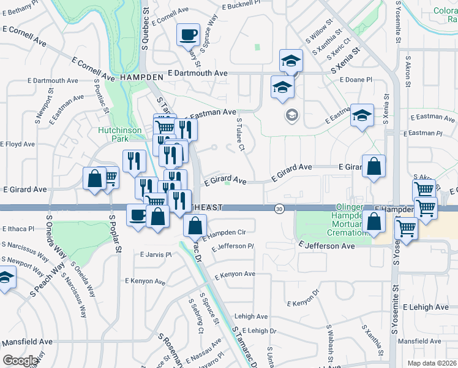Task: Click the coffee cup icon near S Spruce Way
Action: pos(188,34)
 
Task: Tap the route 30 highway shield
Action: pos(279,209)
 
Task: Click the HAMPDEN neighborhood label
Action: pos(141,77)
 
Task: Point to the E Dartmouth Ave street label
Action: pos(197,73)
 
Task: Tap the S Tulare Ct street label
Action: pos(241,135)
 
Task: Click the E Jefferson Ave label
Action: pos(327,245)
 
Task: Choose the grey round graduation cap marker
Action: pos(292,115)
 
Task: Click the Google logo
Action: pos(20,361)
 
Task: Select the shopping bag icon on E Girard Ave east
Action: pos(374,166)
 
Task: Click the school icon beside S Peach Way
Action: pos(5,278)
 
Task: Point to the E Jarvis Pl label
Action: pos(156,255)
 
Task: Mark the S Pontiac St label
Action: pos(102,96)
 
